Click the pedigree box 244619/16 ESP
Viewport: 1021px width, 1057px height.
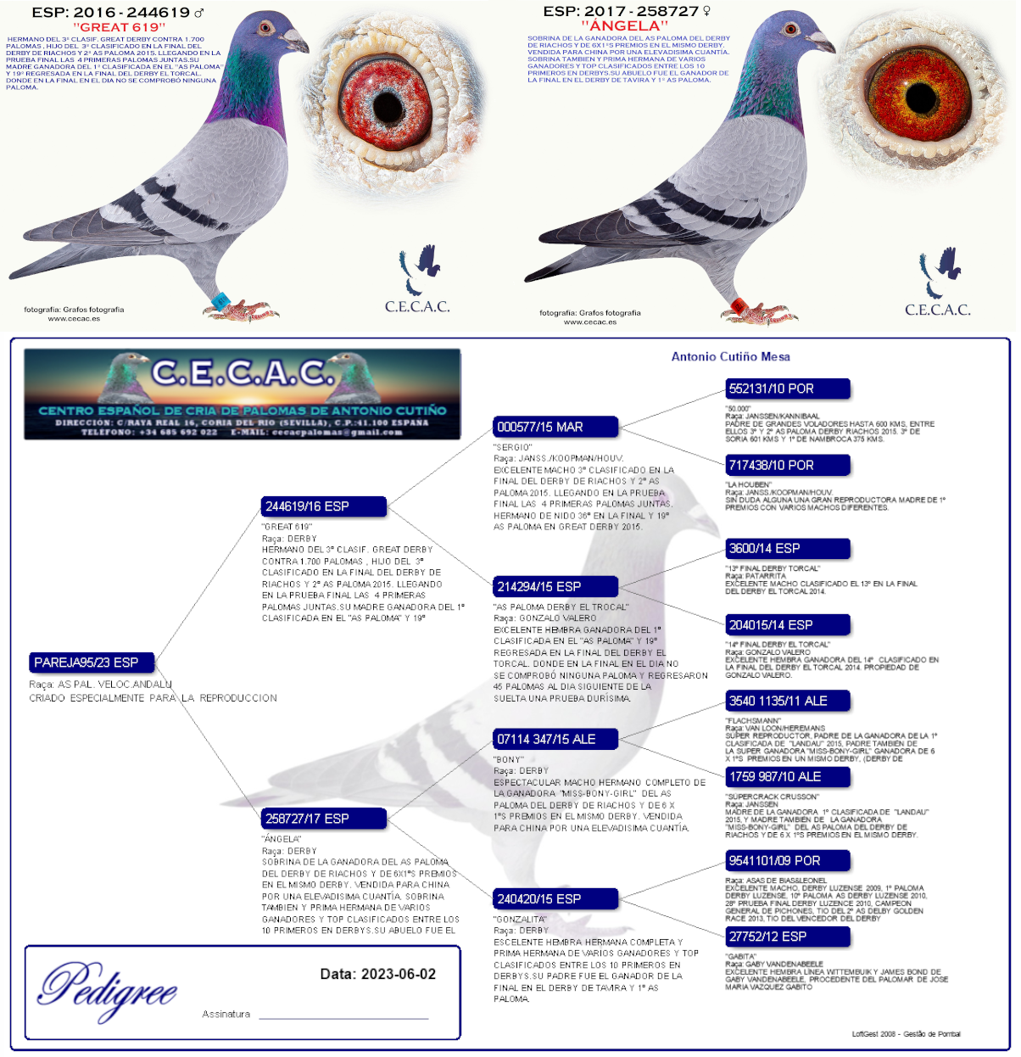[x=323, y=506]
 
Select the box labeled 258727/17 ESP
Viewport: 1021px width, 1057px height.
[x=323, y=819]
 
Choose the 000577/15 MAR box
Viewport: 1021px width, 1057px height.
[x=555, y=427]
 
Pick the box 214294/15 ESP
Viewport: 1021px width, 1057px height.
[x=555, y=586]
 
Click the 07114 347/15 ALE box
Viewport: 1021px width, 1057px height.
[x=555, y=739]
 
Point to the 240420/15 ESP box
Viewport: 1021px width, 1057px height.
[x=555, y=898]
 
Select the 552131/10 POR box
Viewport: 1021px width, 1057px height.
[x=786, y=389]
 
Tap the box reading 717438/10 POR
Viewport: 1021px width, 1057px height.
[x=786, y=465]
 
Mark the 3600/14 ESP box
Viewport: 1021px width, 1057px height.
[x=786, y=548]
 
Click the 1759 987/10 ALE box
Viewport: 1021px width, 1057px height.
[x=786, y=776]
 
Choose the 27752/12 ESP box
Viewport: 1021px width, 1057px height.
[x=786, y=937]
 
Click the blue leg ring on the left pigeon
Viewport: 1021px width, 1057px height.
[x=221, y=300]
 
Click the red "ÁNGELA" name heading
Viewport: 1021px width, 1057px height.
[x=625, y=26]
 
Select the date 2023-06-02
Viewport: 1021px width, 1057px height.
[x=378, y=974]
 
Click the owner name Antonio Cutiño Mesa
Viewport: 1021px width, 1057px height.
[x=730, y=356]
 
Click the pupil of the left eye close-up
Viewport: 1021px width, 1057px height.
[x=388, y=105]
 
